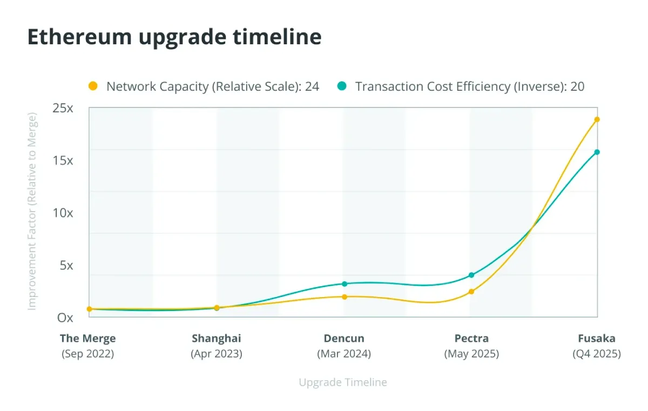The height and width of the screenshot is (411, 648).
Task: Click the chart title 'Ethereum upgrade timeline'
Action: [174, 37]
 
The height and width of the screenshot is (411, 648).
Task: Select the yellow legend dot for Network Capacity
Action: [93, 86]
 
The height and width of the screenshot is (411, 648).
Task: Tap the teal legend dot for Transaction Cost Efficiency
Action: [341, 86]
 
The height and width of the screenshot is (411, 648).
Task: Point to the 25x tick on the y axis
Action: [63, 108]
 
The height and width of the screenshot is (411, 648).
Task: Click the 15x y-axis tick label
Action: [63, 160]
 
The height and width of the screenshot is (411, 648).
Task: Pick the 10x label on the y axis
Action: [63, 213]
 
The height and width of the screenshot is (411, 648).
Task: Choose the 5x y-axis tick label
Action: [66, 265]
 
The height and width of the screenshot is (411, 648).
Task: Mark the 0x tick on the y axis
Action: [65, 318]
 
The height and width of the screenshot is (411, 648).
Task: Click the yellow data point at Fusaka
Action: [597, 119]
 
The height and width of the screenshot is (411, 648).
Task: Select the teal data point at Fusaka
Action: [597, 152]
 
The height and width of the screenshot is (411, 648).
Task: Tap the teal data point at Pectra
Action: [471, 275]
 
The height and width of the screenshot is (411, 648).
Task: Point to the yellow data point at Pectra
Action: [471, 292]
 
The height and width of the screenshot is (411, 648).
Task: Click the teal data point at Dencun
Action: [345, 284]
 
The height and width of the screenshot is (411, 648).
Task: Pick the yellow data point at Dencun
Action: [345, 297]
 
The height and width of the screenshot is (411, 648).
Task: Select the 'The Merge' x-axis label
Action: [88, 339]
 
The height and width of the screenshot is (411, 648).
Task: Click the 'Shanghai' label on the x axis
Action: [217, 339]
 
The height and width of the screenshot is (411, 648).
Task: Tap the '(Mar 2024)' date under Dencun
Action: [344, 354]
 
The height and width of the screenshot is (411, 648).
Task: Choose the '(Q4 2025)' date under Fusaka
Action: [597, 354]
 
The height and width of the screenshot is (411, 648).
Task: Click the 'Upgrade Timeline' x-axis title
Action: [343, 382]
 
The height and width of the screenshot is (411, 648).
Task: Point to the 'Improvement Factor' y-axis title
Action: [32, 211]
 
